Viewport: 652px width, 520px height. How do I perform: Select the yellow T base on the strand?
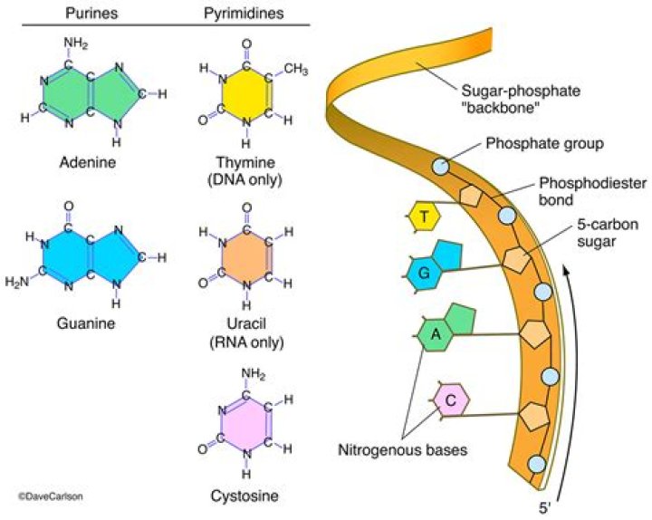tap(423, 217)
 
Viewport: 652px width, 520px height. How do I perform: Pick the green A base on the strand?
tap(435, 335)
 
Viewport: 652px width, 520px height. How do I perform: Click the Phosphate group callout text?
tap(532, 142)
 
